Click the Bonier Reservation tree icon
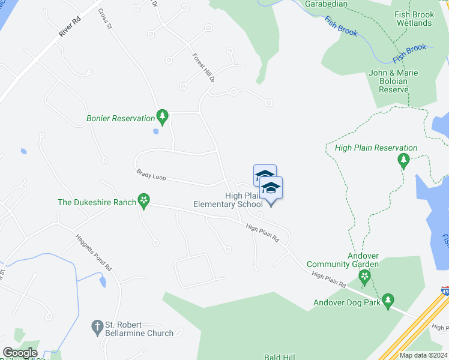coord(161,115)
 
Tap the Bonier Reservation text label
coord(120,118)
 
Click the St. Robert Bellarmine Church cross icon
coord(97,326)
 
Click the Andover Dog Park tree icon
coord(388,299)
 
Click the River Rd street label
coord(70,28)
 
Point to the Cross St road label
coord(106,19)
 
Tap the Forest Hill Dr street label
coord(203,67)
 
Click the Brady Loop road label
coord(151,175)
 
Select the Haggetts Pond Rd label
coord(94,251)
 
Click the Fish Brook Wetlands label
coord(414,19)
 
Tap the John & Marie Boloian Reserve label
coord(394,81)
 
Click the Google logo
coord(19,353)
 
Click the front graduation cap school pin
coord(271,188)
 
